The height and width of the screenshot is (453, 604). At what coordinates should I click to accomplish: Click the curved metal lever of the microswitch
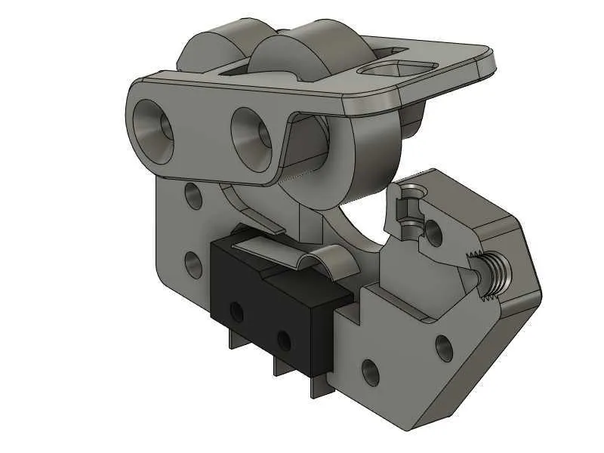pos(317,260)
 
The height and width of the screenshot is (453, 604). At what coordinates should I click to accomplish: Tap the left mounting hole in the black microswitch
pos(236,310)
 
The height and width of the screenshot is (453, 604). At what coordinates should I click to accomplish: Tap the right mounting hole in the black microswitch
pos(284,337)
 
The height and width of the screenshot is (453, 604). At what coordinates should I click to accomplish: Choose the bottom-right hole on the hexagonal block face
pos(444,347)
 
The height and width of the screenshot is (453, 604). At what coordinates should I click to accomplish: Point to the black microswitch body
pos(257,294)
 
